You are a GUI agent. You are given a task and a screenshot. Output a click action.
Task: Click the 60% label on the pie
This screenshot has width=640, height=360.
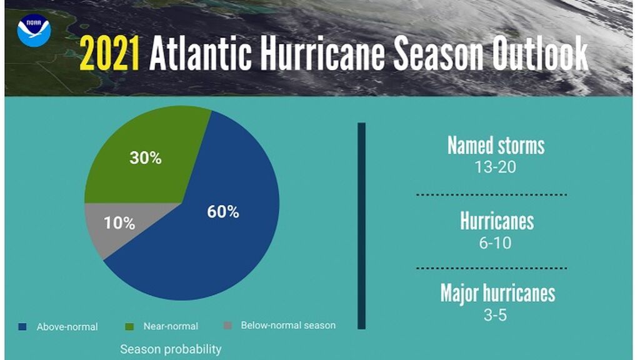223,212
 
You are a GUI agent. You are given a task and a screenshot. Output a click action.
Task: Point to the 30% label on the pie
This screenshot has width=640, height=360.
145,158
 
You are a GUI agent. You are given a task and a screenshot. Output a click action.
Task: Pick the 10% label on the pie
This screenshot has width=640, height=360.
119,223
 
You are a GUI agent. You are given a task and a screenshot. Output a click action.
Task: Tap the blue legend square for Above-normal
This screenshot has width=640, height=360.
22,326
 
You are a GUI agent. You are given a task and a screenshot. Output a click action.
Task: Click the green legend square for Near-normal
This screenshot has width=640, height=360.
130,326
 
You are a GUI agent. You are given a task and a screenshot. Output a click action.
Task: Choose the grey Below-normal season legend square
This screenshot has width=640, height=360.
227,325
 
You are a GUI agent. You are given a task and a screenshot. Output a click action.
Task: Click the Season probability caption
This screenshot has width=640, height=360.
170,349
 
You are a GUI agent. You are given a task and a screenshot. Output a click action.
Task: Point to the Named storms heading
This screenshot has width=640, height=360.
496,146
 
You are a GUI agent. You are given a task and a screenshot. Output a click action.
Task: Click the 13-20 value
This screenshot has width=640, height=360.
496,167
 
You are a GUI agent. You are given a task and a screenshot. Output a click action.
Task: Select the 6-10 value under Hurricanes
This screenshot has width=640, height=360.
496,242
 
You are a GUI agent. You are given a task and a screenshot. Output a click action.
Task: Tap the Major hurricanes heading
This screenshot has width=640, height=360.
497,293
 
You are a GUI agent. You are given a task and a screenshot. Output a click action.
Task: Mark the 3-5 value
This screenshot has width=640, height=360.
495,314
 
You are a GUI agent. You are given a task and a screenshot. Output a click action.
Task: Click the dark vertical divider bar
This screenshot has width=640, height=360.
361,225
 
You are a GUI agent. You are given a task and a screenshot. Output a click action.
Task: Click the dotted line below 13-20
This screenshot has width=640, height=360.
491,195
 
